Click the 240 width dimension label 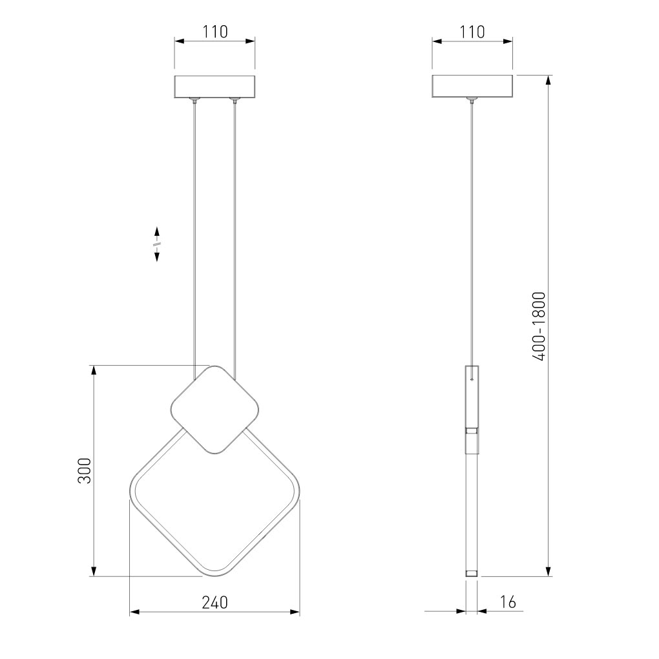click(x=214, y=602)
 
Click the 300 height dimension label click(x=85, y=471)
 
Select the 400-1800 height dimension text click(x=538, y=326)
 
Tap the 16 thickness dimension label click(x=508, y=602)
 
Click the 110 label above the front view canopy click(x=215, y=32)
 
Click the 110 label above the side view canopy click(x=472, y=32)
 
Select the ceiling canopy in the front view click(x=214, y=87)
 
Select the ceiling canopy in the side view click(x=472, y=87)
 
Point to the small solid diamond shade click(x=214, y=410)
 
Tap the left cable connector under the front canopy click(x=194, y=100)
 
